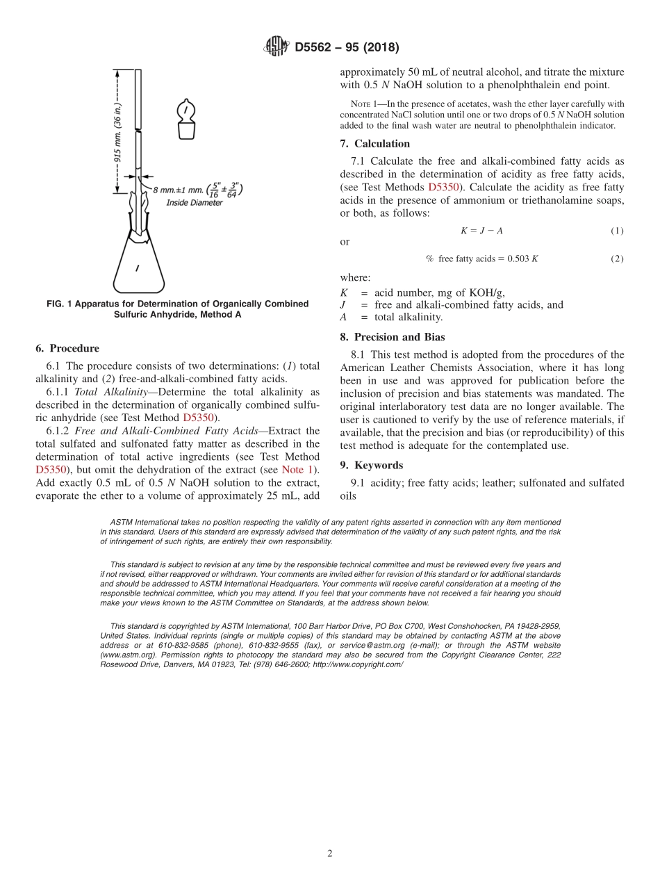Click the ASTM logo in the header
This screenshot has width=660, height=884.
pyautogui.click(x=276, y=47)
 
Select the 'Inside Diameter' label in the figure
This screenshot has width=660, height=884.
pyautogui.click(x=194, y=203)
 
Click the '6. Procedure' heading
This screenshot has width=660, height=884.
pyautogui.click(x=67, y=348)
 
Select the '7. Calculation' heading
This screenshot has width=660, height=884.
pyautogui.click(x=375, y=144)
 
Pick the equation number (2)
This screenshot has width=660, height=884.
pyautogui.click(x=617, y=259)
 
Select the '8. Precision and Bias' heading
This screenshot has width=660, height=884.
pyautogui.click(x=391, y=337)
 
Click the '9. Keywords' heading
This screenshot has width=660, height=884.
pyautogui.click(x=372, y=465)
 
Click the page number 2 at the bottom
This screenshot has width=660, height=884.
pyautogui.click(x=330, y=853)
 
